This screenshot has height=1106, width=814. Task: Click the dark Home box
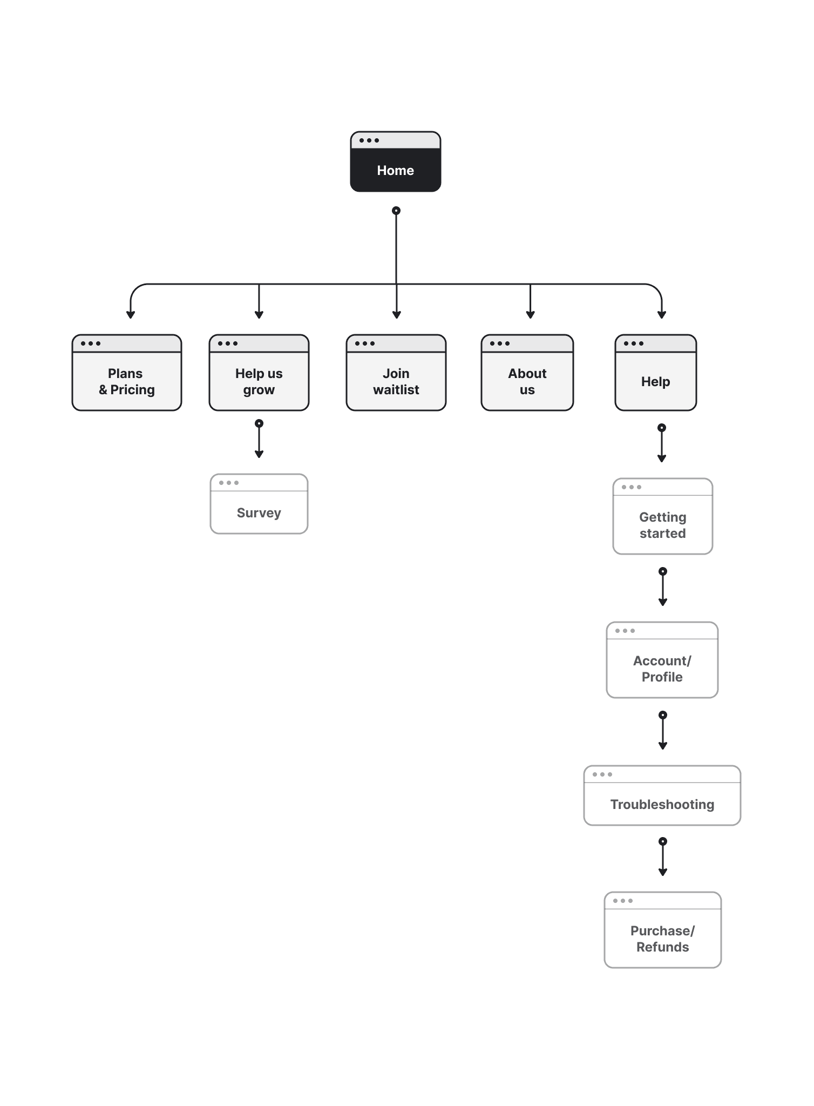click(x=396, y=161)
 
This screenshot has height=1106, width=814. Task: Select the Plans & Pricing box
click(x=127, y=373)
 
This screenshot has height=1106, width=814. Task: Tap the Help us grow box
click(x=259, y=373)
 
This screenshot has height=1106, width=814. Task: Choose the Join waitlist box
click(x=396, y=373)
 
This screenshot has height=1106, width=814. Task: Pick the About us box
click(x=527, y=373)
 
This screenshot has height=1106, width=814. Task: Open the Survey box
click(x=259, y=504)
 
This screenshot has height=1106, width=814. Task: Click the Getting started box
click(x=663, y=516)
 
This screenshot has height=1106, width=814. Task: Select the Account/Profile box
click(x=662, y=660)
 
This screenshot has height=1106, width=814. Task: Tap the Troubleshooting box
click(x=662, y=795)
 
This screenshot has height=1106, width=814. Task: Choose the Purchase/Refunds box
click(x=663, y=930)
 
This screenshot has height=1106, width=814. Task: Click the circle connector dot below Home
click(x=396, y=211)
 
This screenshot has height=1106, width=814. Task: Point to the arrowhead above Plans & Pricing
click(x=131, y=315)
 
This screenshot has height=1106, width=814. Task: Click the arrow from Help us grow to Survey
click(x=259, y=439)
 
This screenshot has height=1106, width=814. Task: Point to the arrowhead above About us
click(x=531, y=315)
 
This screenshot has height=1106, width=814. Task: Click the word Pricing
click(x=133, y=390)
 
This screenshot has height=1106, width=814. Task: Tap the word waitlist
click(x=396, y=390)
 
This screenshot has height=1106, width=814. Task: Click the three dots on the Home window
click(x=369, y=140)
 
